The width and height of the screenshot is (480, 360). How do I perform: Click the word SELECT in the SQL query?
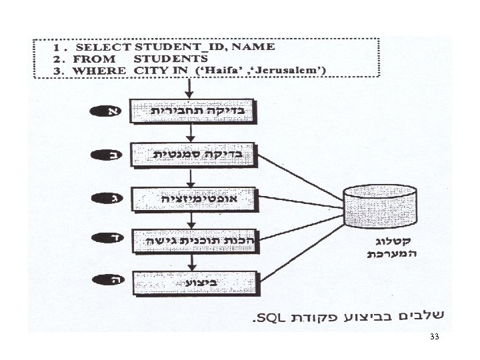click(x=104, y=47)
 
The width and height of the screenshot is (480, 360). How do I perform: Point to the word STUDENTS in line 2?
click(x=171, y=59)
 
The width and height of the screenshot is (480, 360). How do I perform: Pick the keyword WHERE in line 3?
click(x=99, y=70)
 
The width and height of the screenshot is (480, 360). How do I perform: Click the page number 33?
click(x=435, y=338)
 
